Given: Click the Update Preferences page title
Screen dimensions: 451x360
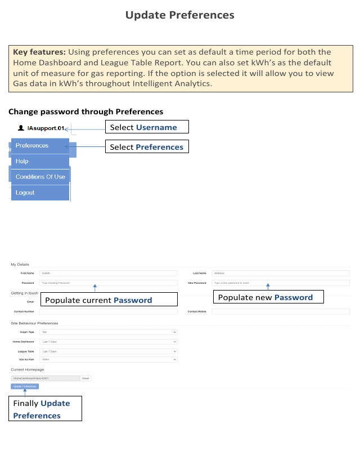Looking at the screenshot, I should (x=179, y=15).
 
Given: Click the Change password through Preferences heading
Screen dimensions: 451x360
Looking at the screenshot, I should (x=85, y=111).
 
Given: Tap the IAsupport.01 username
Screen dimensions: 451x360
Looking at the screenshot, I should (x=46, y=128).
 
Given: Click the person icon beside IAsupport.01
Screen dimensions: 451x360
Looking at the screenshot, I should (x=21, y=128).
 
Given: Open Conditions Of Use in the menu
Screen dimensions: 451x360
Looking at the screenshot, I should (x=40, y=177).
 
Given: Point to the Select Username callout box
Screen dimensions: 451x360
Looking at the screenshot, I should (x=147, y=127).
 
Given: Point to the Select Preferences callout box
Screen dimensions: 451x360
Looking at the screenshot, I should (x=147, y=147).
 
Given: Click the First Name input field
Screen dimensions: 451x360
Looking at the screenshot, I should (x=108, y=273).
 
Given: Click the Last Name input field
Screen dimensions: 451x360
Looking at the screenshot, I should (x=281, y=273).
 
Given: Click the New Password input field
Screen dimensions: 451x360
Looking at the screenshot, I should (x=281, y=283).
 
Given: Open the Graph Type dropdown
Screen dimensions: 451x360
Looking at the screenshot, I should (x=108, y=332).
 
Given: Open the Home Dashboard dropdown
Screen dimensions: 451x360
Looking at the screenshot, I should (x=108, y=342).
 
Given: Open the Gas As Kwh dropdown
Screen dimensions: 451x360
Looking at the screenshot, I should (x=108, y=359).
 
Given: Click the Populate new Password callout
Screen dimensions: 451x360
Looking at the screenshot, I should (x=269, y=297).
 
